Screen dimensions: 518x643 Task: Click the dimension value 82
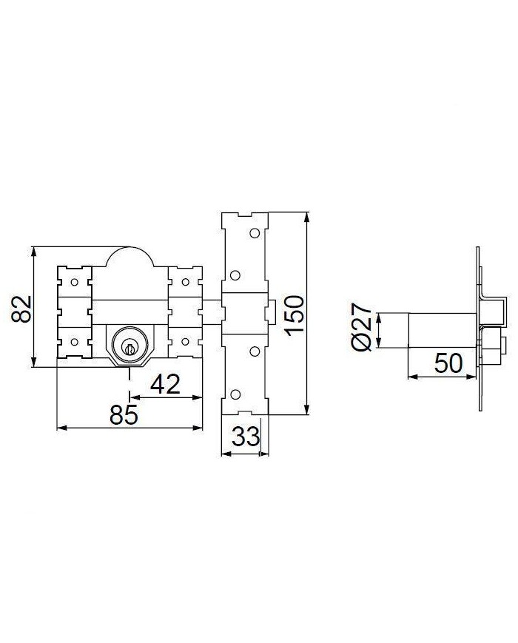click(21, 309)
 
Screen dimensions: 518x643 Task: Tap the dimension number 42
click(166, 385)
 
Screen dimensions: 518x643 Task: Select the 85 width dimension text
click(124, 414)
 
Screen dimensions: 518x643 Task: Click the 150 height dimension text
click(295, 315)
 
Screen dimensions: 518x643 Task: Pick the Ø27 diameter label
click(362, 327)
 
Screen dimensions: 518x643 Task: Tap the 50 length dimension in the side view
click(448, 363)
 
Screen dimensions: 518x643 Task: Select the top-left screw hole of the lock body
click(74, 282)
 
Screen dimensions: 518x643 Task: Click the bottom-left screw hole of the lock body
click(74, 342)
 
